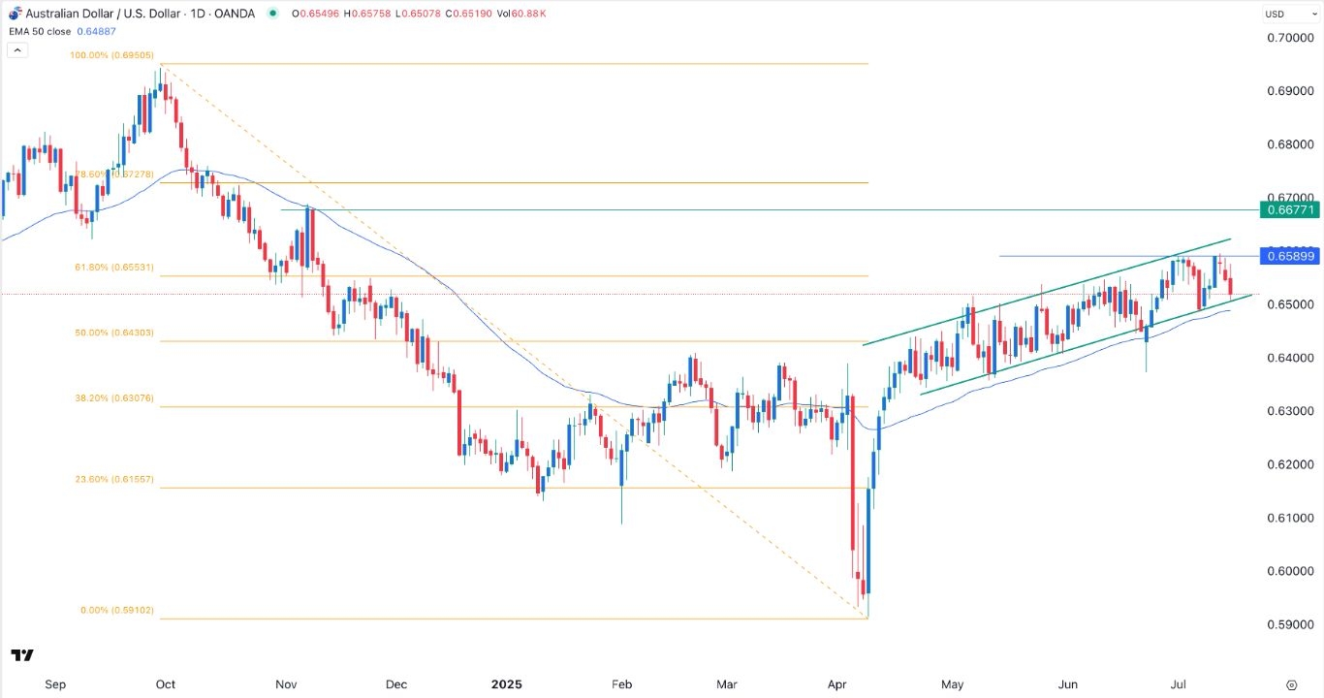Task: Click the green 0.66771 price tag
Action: tap(1290, 209)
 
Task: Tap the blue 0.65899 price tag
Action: tap(1290, 256)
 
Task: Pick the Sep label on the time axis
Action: tap(55, 684)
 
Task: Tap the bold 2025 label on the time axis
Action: tap(506, 684)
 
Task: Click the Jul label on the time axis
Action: tap(1177, 684)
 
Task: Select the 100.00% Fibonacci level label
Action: tap(111, 56)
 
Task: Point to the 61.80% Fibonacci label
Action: tap(111, 268)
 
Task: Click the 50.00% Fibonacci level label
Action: tap(111, 333)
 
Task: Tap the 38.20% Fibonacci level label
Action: tap(111, 398)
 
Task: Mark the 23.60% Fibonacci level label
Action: tap(111, 480)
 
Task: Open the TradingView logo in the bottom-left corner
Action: tap(23, 655)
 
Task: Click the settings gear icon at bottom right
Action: tap(1291, 684)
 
